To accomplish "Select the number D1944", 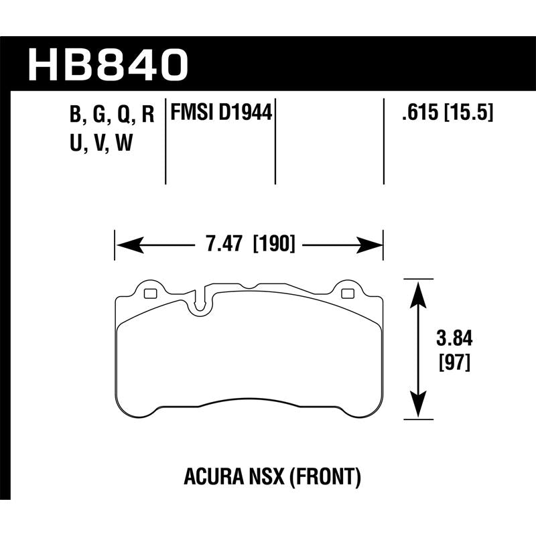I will click(247, 112).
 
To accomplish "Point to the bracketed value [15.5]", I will click(470, 112).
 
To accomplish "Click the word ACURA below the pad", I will click(208, 478).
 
